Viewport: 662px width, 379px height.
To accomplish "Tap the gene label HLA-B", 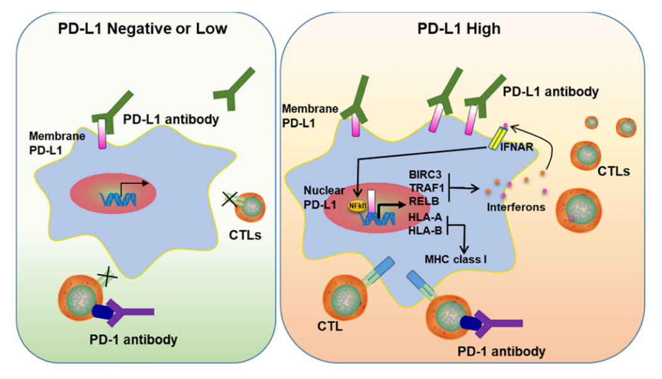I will pyautogui.click(x=425, y=230).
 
